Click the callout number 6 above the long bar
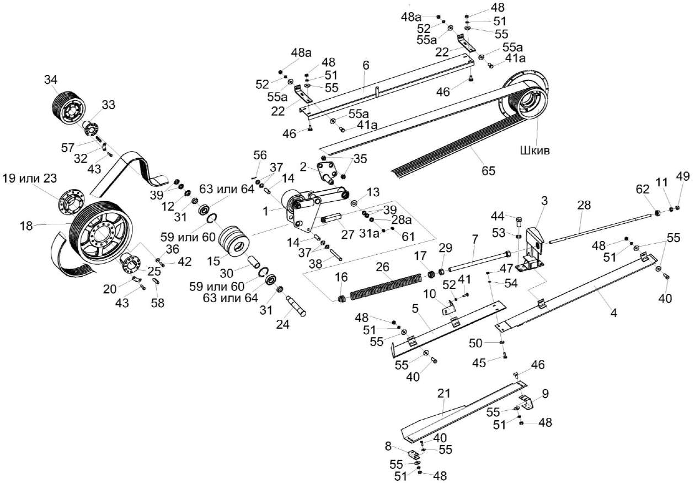click(365, 65)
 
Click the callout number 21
click(445, 394)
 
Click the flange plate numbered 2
click(327, 171)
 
